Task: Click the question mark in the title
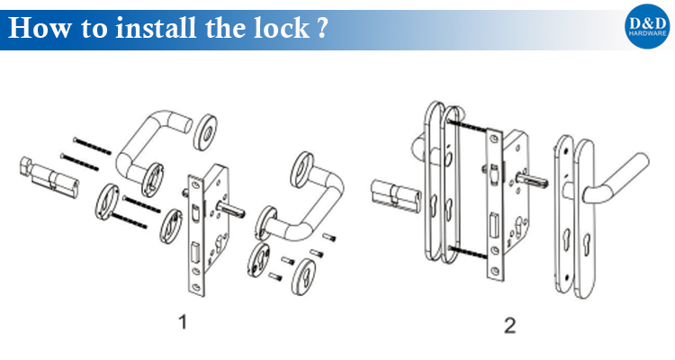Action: (x=320, y=27)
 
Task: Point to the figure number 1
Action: (x=184, y=322)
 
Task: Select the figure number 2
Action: (x=510, y=325)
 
